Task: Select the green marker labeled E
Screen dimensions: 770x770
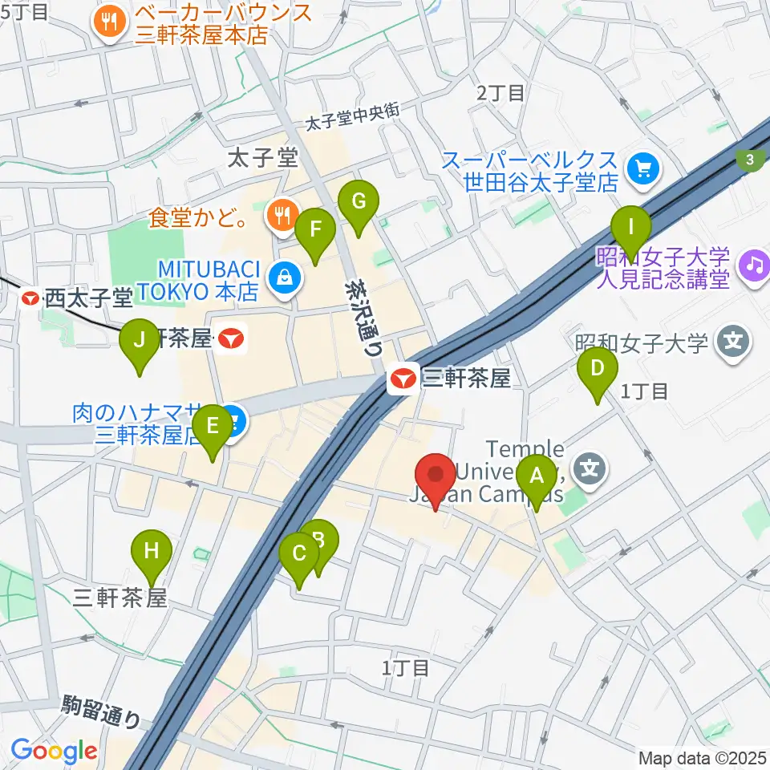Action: click(x=212, y=432)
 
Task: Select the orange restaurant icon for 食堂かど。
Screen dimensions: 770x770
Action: click(x=280, y=214)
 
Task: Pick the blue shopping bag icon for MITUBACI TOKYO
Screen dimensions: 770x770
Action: click(x=284, y=279)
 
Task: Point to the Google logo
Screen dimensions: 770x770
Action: click(x=54, y=751)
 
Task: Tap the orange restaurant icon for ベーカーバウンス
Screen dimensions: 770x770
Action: click(x=108, y=23)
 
